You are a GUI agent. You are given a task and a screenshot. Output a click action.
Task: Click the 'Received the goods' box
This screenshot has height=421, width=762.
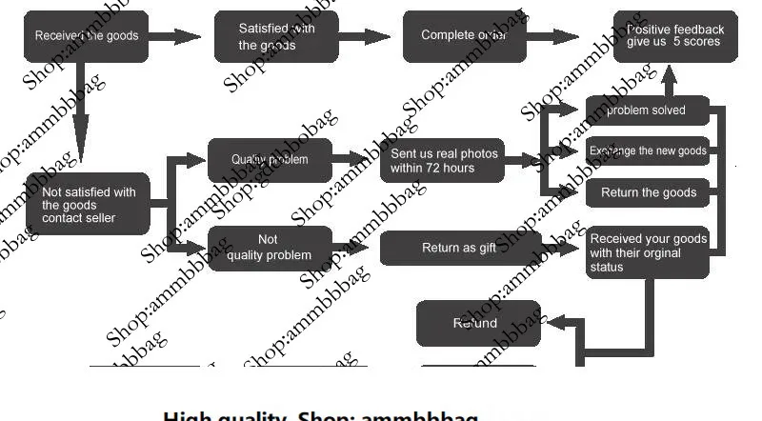[87, 36]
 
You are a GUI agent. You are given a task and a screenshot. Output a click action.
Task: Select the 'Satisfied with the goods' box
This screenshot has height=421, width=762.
[276, 36]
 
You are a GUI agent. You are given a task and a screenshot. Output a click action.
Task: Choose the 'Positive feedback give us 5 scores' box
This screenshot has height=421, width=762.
[674, 36]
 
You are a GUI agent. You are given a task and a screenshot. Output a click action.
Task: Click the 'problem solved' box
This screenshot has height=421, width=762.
[648, 110]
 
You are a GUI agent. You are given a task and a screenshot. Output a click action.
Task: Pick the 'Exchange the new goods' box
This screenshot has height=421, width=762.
[648, 151]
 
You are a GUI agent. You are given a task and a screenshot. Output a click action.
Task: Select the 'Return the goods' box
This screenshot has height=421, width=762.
[648, 192]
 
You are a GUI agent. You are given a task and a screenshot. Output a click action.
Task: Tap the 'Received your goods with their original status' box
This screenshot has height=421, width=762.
[648, 251]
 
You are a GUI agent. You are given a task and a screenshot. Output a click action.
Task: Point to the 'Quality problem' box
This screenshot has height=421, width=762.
[271, 160]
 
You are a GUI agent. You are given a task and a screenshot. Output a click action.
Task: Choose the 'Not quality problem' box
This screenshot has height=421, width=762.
[271, 248]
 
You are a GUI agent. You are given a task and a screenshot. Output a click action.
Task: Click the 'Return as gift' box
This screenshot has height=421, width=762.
[460, 249]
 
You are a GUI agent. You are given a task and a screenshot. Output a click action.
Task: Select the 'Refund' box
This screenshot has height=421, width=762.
[478, 324]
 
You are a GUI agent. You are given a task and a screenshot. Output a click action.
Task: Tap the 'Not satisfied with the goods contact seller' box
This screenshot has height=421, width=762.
[89, 205]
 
